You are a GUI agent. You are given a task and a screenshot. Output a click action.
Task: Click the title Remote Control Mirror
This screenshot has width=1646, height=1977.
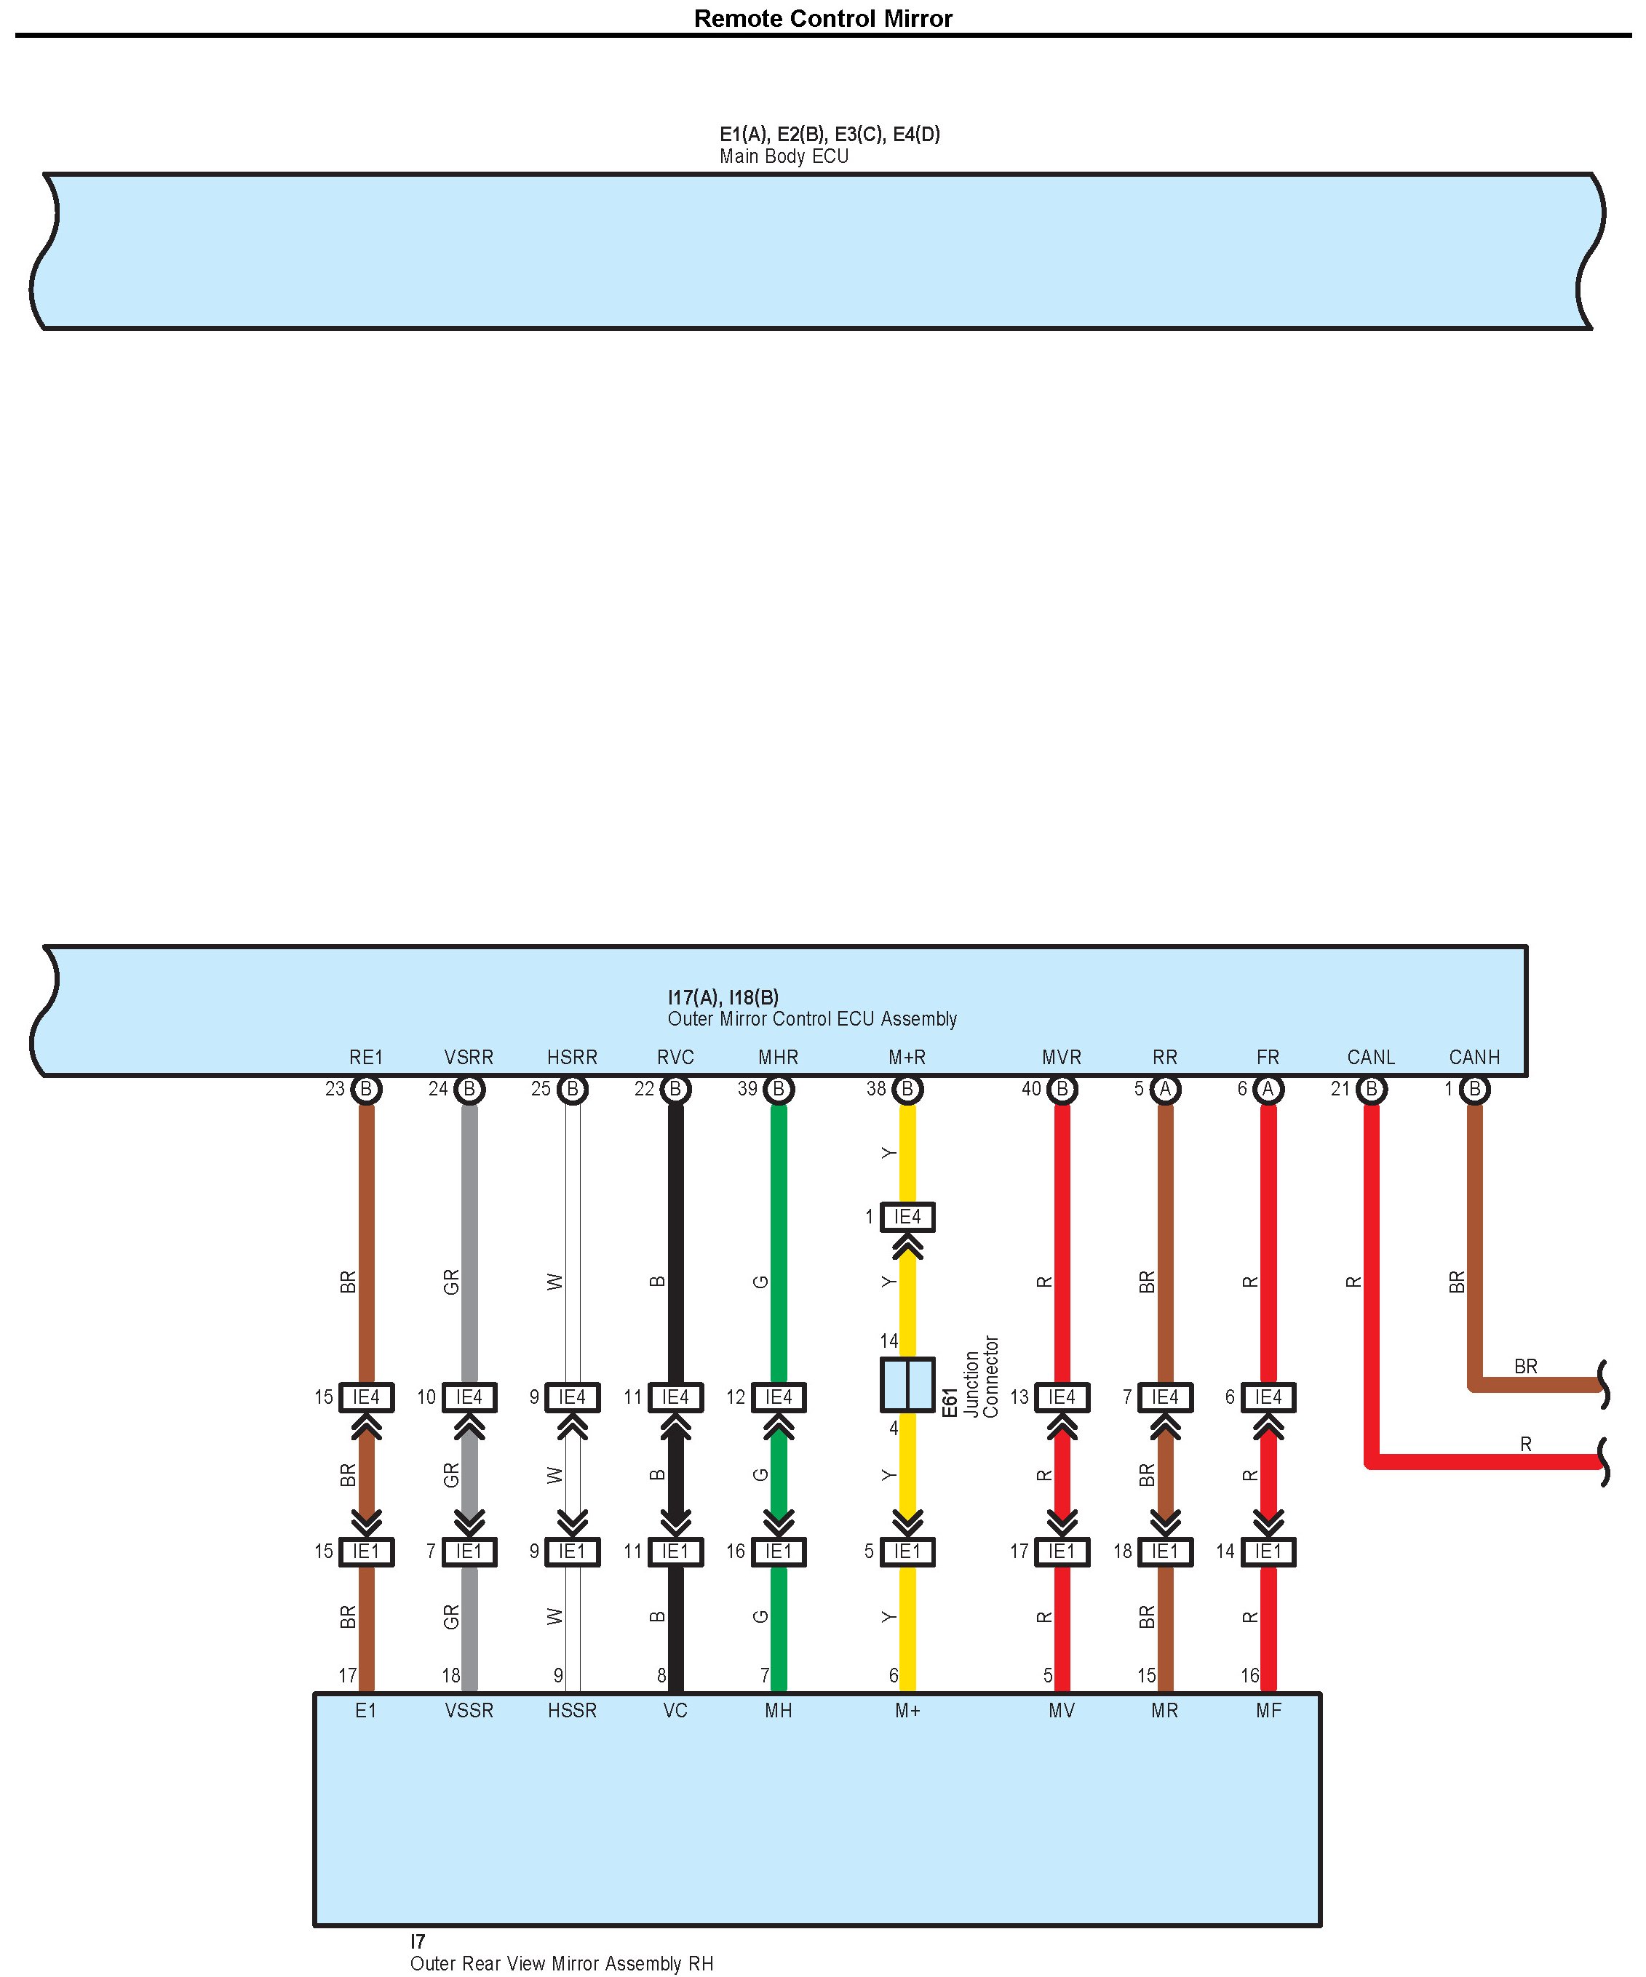[x=822, y=19]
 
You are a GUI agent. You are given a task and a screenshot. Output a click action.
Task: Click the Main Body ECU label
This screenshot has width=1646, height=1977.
[x=784, y=156]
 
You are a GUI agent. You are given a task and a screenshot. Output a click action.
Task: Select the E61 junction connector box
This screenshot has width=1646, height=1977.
[x=907, y=1385]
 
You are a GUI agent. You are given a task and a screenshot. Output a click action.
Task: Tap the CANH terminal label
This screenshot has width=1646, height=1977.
[x=1474, y=1057]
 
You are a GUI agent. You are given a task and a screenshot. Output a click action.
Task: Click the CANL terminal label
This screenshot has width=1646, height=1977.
[x=1370, y=1057]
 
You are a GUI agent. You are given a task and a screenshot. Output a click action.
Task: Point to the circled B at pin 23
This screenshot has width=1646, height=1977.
[x=366, y=1089]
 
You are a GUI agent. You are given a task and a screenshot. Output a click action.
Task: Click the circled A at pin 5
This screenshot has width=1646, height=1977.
[x=1165, y=1089]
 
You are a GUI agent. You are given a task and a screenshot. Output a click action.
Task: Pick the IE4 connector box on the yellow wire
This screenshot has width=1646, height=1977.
[x=907, y=1218]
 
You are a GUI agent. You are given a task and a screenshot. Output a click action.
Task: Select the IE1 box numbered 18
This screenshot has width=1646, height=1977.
[x=1165, y=1551]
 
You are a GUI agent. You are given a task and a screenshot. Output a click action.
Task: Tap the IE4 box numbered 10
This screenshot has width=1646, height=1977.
[x=469, y=1397]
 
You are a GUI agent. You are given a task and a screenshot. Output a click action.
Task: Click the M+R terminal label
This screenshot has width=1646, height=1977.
[x=907, y=1057]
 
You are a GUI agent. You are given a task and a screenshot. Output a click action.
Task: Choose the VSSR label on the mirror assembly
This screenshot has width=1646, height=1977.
[x=469, y=1711]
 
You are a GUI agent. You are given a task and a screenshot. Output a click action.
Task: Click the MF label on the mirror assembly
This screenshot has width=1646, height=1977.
[x=1268, y=1711]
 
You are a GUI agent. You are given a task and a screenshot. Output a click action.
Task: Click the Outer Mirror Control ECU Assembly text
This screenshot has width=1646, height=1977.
[x=811, y=1018]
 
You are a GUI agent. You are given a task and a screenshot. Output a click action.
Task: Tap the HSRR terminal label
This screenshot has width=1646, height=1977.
[x=571, y=1057]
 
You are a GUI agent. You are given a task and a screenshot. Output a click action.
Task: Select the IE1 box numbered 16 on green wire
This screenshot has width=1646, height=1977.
[x=778, y=1551]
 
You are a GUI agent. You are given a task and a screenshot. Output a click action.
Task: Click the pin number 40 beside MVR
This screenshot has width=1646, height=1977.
[x=1031, y=1089]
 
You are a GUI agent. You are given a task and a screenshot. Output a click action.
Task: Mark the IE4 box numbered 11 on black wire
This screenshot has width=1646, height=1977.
[x=675, y=1397]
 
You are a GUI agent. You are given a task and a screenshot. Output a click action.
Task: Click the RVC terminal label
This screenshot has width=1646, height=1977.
[x=675, y=1057]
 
